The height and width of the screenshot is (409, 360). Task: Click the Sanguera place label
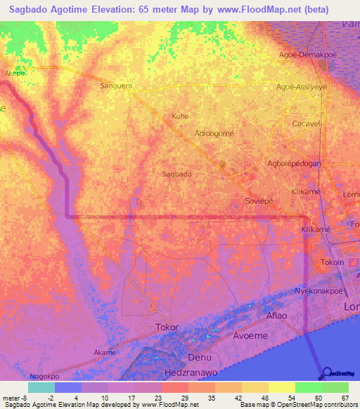(116, 86)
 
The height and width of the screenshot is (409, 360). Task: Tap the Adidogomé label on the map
(214, 133)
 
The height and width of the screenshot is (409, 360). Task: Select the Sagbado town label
(176, 174)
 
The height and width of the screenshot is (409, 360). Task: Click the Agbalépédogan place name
(294, 163)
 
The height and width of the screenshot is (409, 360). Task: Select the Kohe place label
(181, 116)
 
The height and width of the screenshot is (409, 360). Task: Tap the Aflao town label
(276, 316)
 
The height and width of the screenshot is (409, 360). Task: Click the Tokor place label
(167, 327)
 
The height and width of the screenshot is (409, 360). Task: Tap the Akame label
(105, 351)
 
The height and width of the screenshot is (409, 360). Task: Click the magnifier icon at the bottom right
(326, 373)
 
